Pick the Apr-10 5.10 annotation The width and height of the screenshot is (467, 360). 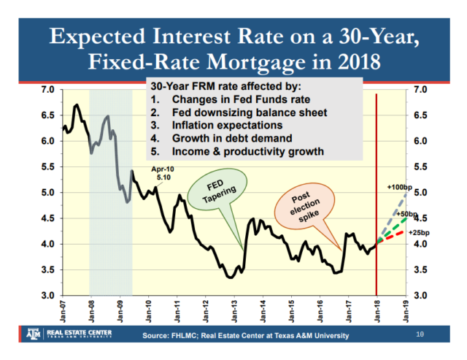tap(161, 172)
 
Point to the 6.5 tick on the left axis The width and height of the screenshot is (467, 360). tap(49, 115)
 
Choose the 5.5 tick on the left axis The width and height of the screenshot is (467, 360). tap(49, 167)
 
